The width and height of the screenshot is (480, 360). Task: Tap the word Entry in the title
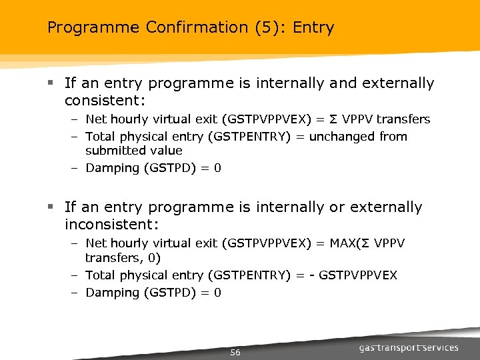313,28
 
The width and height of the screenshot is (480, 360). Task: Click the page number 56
235,352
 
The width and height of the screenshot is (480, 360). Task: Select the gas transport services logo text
409,348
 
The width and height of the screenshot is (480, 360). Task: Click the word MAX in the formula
341,244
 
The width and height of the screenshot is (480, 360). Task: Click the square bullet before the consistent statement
51,84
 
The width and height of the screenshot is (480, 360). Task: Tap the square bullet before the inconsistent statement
51,208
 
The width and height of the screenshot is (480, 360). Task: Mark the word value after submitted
165,151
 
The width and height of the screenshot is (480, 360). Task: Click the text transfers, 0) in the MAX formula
122,257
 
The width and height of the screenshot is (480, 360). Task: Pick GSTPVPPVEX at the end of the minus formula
358,275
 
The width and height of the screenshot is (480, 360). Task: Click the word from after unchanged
393,137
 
